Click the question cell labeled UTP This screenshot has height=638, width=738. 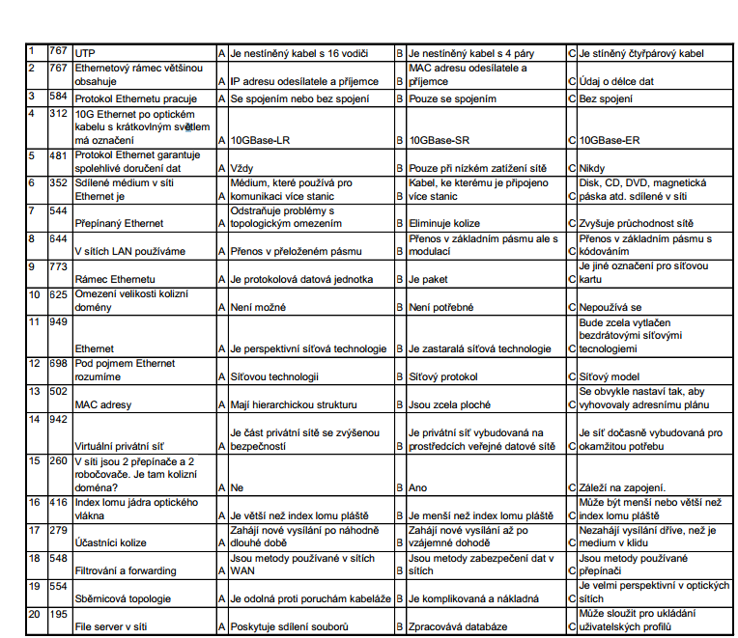pos(86,53)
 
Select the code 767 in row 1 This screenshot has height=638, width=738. pos(58,50)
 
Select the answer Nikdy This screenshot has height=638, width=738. pos(592,168)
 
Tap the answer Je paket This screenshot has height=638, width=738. pos(431,279)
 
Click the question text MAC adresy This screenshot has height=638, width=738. pos(103,404)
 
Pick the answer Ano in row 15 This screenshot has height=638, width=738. pos(419,487)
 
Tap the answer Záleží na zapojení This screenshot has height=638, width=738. pos(622,487)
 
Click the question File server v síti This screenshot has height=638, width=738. pos(111,626)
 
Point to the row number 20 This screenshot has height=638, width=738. pos(34,614)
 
